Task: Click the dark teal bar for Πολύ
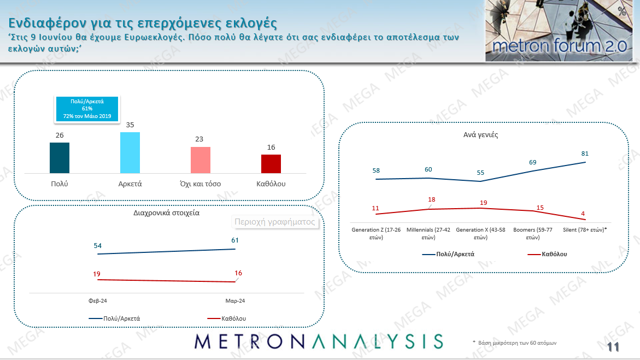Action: [60, 158]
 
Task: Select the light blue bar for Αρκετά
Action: [130, 153]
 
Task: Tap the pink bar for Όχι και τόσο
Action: [200, 160]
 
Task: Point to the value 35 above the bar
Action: [130, 125]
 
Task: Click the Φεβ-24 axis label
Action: [98, 301]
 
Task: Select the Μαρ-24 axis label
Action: [235, 301]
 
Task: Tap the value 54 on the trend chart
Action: [98, 246]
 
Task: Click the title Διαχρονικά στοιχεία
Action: [167, 213]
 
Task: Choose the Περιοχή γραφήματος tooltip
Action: [275, 222]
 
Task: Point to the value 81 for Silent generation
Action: [585, 154]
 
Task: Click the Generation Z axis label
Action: [375, 234]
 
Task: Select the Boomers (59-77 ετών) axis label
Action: [532, 234]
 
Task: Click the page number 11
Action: [613, 347]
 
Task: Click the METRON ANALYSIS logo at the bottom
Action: [319, 341]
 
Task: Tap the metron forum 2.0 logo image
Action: [559, 31]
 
